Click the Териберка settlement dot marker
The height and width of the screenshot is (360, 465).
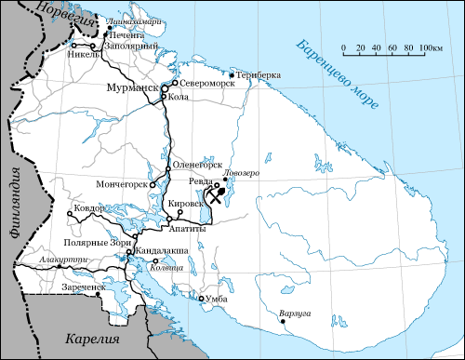click(x=232, y=74)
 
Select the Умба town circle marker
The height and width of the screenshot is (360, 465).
click(x=201, y=299)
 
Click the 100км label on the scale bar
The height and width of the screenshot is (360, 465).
click(x=429, y=47)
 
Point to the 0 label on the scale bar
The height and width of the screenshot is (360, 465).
click(x=343, y=47)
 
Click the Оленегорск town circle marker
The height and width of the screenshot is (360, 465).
click(x=168, y=168)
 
